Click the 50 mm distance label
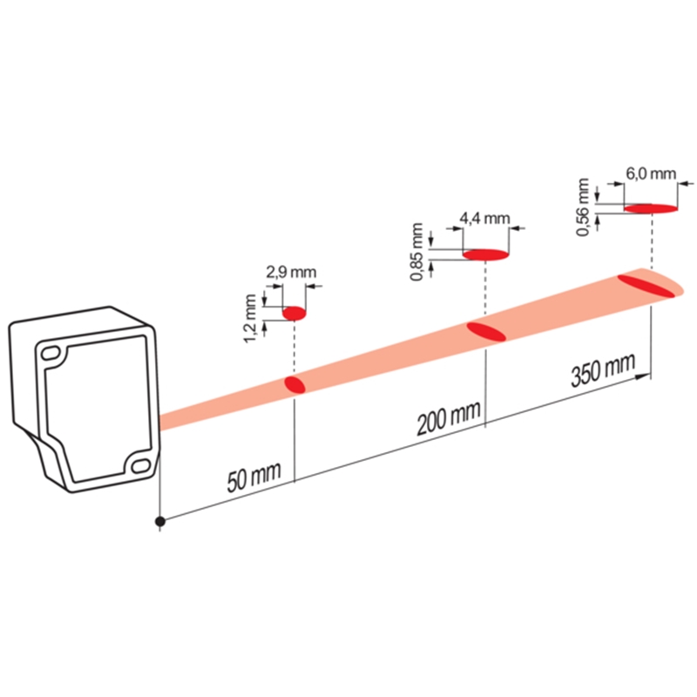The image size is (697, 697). coord(254,477)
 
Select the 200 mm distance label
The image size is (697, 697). coord(449,417)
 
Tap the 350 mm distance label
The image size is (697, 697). coord(603,370)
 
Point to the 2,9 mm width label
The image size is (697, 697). coord(291,272)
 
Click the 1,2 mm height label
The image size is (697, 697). coord(250,319)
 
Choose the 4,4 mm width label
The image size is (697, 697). coord(484,219)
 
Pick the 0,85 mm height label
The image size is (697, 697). coord(417,252)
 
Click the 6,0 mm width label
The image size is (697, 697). coord(651,173)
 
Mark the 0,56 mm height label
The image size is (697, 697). coord(582,207)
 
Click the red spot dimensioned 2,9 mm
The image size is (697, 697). coord(294,314)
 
